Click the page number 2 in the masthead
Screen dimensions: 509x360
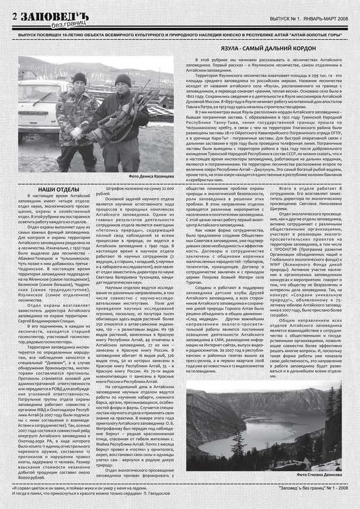click(x=15, y=16)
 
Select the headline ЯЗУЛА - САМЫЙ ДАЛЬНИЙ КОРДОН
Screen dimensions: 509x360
click(x=268, y=49)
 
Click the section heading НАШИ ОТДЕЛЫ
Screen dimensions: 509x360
click(x=59, y=190)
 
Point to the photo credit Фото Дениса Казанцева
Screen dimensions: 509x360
click(x=151, y=176)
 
